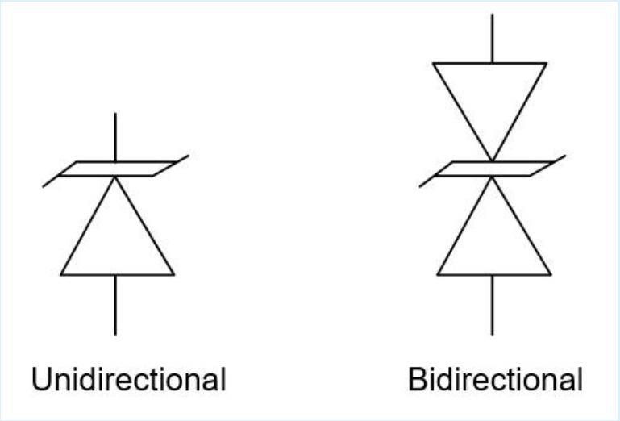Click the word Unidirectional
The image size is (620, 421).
pos(128,379)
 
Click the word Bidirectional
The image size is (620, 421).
pos(496,379)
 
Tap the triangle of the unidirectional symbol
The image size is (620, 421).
pos(118,226)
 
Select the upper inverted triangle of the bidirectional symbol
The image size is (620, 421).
pos(490,112)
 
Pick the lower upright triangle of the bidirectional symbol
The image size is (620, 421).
pos(494,226)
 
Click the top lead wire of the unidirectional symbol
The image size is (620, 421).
pos(115,137)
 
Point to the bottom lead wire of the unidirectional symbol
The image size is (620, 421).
pos(115,305)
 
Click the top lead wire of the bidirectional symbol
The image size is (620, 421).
pos(493,39)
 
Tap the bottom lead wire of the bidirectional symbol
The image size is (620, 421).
pos(493,305)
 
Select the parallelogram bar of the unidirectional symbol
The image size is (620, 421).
pos(116,169)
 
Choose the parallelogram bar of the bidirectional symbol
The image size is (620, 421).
pos(493,169)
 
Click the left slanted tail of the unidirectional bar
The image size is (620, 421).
pos(51,181)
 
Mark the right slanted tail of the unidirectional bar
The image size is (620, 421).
pos(181,159)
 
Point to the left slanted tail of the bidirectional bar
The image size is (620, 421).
pos(428,181)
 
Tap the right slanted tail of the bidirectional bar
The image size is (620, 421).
pos(558,159)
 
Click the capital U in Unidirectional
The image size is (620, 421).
pos(41,379)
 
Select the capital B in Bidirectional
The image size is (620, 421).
pos(418,379)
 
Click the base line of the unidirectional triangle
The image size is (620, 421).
pos(118,274)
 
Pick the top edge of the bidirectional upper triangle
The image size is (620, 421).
pos(490,63)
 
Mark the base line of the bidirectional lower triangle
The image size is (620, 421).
pos(494,274)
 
